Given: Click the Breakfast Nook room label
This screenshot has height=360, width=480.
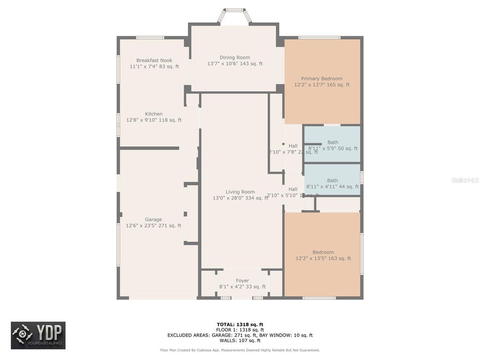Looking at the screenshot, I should pos(154,60).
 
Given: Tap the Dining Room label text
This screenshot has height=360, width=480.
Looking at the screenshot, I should pos(235,58).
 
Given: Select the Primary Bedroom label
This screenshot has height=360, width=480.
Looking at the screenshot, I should pos(322,79).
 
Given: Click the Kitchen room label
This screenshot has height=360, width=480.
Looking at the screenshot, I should pos(154,114).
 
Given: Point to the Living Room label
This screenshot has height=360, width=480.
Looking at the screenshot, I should pos(240,192).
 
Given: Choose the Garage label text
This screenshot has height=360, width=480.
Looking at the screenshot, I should pos(153,219).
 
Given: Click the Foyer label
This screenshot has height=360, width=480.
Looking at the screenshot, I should pos(242,281).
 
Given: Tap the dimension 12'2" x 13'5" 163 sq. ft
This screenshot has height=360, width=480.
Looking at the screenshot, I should pos(323,258).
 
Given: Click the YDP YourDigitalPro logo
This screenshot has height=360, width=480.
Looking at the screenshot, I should pos(38,335).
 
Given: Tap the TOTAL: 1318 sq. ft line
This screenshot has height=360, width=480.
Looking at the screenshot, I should pos(240,324).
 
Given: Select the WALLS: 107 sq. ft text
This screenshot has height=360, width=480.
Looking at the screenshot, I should pos(240,341).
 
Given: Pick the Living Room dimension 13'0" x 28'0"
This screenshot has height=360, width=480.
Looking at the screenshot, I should pos(240,198).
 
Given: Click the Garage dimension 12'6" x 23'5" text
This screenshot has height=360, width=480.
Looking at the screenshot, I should pos(153,226).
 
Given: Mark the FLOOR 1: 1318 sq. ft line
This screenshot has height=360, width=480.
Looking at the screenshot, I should pos(240,330).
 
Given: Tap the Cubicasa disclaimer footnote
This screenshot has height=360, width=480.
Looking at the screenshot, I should pos(240,350).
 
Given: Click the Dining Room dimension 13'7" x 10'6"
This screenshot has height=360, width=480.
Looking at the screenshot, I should pos(235,64).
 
